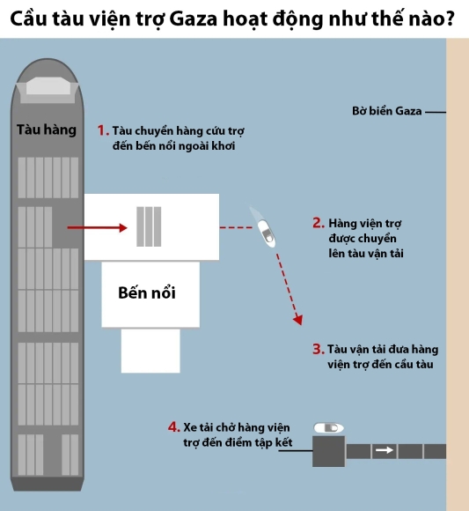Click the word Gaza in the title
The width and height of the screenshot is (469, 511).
[193, 19]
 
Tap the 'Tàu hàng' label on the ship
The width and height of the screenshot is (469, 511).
[47, 130]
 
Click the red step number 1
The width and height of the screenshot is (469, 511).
[103, 130]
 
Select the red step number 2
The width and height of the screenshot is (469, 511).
[319, 223]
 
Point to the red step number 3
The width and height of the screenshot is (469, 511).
[319, 349]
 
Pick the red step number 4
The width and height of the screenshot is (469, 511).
[174, 427]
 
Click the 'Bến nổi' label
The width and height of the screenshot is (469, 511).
[147, 293]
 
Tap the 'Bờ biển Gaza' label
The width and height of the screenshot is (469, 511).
[386, 111]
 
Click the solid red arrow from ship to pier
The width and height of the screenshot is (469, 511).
[97, 227]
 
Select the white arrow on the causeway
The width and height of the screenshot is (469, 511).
[384, 450]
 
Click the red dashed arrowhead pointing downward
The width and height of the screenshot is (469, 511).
[297, 320]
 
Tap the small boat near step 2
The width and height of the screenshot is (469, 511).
[264, 228]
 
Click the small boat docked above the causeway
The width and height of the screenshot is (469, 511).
[328, 427]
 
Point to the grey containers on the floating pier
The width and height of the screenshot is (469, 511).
[149, 226]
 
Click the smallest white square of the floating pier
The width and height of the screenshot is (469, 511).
[150, 351]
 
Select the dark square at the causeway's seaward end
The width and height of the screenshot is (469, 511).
[329, 451]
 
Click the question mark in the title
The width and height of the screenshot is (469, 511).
[449, 19]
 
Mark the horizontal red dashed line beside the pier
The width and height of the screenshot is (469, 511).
[236, 227]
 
